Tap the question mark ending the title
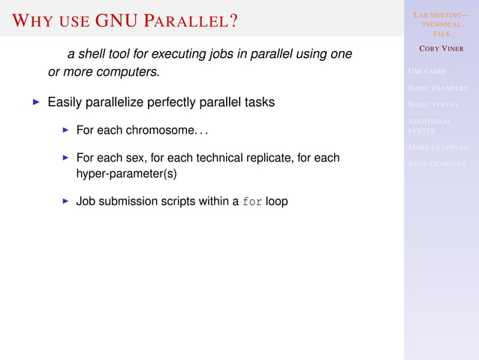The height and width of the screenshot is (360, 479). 233,20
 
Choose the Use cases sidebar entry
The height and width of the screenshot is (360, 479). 426,72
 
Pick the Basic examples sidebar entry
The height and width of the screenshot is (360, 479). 437,88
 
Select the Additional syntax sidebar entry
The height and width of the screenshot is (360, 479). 430,125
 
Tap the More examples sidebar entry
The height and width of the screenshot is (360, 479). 437,147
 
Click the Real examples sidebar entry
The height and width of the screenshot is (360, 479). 436,163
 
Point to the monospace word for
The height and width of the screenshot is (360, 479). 253,202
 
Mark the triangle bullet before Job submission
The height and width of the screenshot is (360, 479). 66,201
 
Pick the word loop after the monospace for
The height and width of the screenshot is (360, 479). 276,201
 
